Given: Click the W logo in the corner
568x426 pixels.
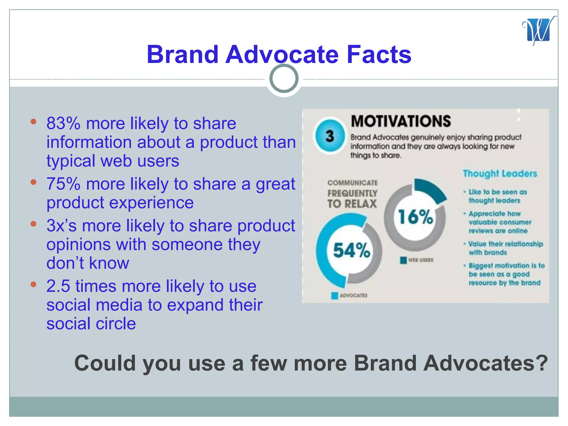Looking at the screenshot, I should (x=539, y=31).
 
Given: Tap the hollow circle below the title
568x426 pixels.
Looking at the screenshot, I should (x=284, y=78).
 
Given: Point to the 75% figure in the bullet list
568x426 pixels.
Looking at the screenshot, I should (x=63, y=184).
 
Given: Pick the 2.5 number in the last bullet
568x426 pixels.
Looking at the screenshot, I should (x=58, y=286).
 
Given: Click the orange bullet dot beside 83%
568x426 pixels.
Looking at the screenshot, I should (x=34, y=121).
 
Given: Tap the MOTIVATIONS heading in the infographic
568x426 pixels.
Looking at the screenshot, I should (x=400, y=121).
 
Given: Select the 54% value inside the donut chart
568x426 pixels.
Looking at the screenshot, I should (x=351, y=250).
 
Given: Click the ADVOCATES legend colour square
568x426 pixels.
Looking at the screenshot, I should (x=334, y=296).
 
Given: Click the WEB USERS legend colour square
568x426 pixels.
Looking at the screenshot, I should (x=403, y=260).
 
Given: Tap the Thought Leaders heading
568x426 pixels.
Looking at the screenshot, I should (x=500, y=174).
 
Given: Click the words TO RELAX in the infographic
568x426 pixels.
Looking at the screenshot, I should (x=352, y=204).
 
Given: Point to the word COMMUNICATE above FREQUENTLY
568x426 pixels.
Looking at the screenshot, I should (x=352, y=183).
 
